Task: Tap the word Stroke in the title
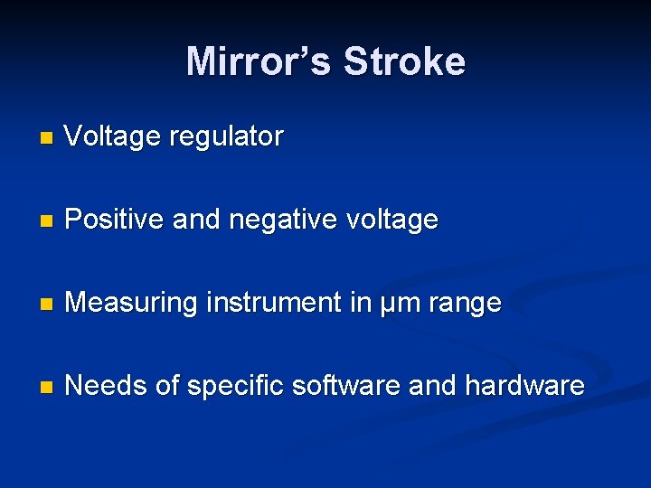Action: pyautogui.click(x=405, y=61)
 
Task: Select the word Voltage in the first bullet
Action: pyautogui.click(x=112, y=137)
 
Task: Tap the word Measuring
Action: pyautogui.click(x=131, y=304)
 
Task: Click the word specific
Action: pyautogui.click(x=232, y=387)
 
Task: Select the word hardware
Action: pyautogui.click(x=524, y=386)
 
